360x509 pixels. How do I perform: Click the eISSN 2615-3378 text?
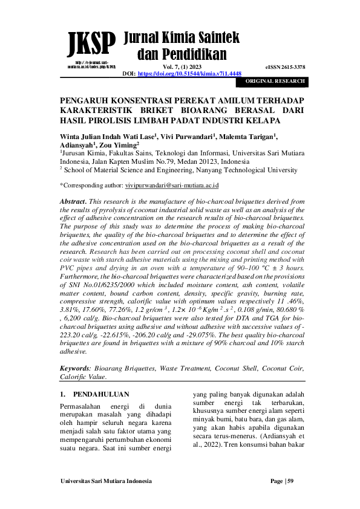click(285, 66)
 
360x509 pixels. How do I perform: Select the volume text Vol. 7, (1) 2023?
click(182, 66)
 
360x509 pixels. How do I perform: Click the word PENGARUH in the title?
click(85, 100)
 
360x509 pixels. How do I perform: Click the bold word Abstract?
click(75, 200)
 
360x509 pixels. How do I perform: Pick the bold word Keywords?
click(76, 368)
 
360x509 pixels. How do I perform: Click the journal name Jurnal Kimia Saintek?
click(182, 38)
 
